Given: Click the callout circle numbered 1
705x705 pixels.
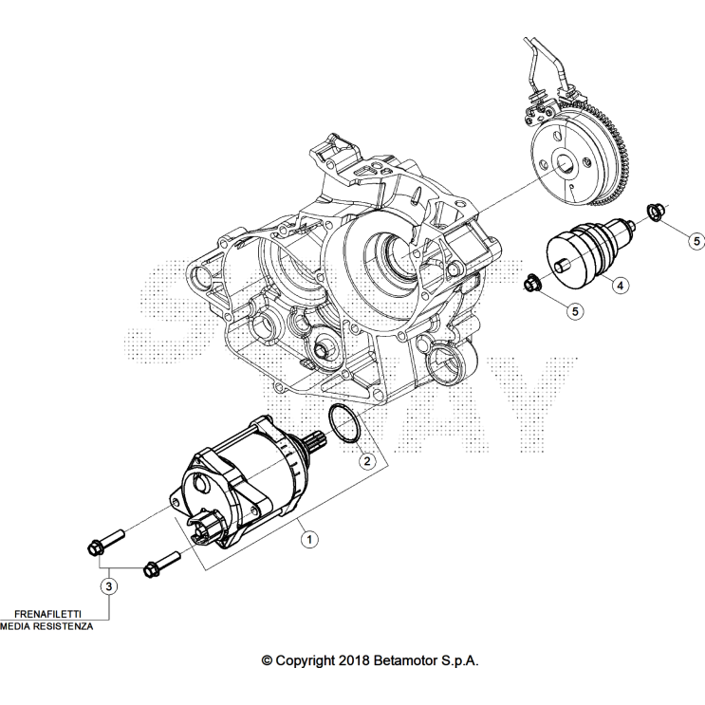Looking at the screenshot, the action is (309, 539).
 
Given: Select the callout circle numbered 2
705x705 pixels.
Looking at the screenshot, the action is (367, 461).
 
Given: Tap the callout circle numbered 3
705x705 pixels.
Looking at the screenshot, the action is (109, 586).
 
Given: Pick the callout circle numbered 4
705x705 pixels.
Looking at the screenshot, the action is (620, 285).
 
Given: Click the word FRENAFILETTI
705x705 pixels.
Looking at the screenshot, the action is (47, 614).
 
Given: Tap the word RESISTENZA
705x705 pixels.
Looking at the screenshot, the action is (65, 626).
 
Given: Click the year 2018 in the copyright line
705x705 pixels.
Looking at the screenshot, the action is (354, 660).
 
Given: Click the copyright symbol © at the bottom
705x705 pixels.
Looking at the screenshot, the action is (267, 661).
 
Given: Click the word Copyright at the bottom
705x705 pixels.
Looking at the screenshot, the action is (306, 661).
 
